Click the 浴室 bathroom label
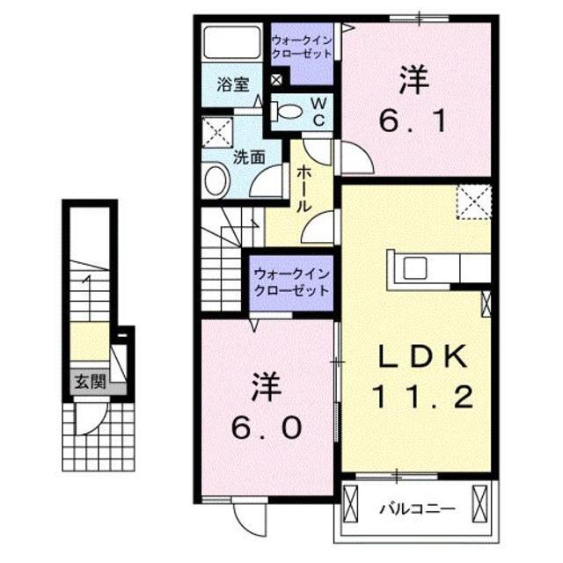pyautogui.click(x=233, y=86)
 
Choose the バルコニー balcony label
pyautogui.click(x=417, y=508)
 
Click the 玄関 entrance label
pyautogui.click(x=85, y=383)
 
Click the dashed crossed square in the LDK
pyautogui.click(x=473, y=201)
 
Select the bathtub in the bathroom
pyautogui.click(x=231, y=43)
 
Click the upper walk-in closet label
pyautogui.click(x=301, y=47)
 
